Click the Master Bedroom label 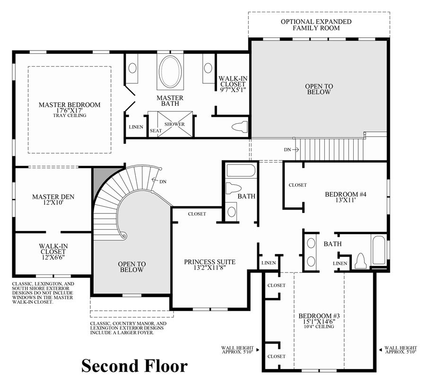[x=70, y=105]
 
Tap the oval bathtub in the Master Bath [x=170, y=72]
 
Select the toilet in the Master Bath [x=240, y=127]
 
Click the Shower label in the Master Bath [x=174, y=124]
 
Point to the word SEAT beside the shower [x=156, y=131]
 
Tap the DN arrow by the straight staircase [x=296, y=149]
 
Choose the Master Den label [x=53, y=197]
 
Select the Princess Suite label [x=210, y=262]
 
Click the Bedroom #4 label [x=346, y=195]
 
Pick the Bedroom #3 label [x=319, y=316]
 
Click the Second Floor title [x=134, y=366]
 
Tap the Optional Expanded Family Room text [x=316, y=25]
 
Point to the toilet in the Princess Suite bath [x=234, y=188]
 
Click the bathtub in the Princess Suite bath [x=241, y=171]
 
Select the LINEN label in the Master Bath [x=136, y=127]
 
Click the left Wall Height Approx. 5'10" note [x=237, y=350]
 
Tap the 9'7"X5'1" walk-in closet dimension [x=233, y=90]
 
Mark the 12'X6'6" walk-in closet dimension [x=53, y=257]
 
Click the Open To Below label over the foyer [x=132, y=267]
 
